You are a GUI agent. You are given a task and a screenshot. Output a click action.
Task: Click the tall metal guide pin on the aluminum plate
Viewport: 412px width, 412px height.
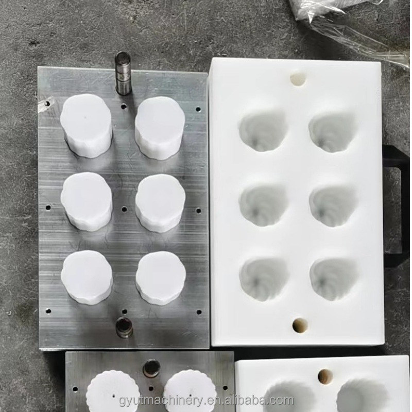click(x=123, y=73)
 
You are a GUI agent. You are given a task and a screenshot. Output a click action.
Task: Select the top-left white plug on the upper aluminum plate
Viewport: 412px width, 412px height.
click(x=85, y=125)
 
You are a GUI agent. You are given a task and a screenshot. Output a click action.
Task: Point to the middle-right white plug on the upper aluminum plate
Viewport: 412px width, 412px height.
click(x=160, y=202)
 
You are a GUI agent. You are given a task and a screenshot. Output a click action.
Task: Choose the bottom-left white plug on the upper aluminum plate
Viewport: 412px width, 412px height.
click(x=87, y=277)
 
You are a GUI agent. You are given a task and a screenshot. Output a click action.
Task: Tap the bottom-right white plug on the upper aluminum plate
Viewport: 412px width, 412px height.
click(x=161, y=278)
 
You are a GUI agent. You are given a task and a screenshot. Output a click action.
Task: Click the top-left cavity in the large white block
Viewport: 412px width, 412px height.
click(x=262, y=131)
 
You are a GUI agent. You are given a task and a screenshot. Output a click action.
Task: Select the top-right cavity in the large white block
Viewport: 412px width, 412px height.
click(x=332, y=132)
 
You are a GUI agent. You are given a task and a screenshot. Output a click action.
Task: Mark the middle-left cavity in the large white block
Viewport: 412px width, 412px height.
click(x=262, y=205)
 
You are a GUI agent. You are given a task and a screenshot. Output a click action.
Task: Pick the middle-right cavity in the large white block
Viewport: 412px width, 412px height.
click(x=333, y=205)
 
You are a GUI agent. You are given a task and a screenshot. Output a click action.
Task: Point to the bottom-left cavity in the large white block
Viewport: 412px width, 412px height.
click(x=263, y=279)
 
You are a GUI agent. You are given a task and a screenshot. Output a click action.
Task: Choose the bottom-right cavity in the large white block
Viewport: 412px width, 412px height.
click(x=333, y=279)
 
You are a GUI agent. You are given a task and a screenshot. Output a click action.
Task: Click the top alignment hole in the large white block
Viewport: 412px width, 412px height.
click(x=298, y=79)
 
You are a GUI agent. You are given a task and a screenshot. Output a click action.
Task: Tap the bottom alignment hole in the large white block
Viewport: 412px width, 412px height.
click(x=299, y=325)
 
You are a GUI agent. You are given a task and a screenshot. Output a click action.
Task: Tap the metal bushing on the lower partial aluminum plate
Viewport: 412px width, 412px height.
click(x=151, y=367)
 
